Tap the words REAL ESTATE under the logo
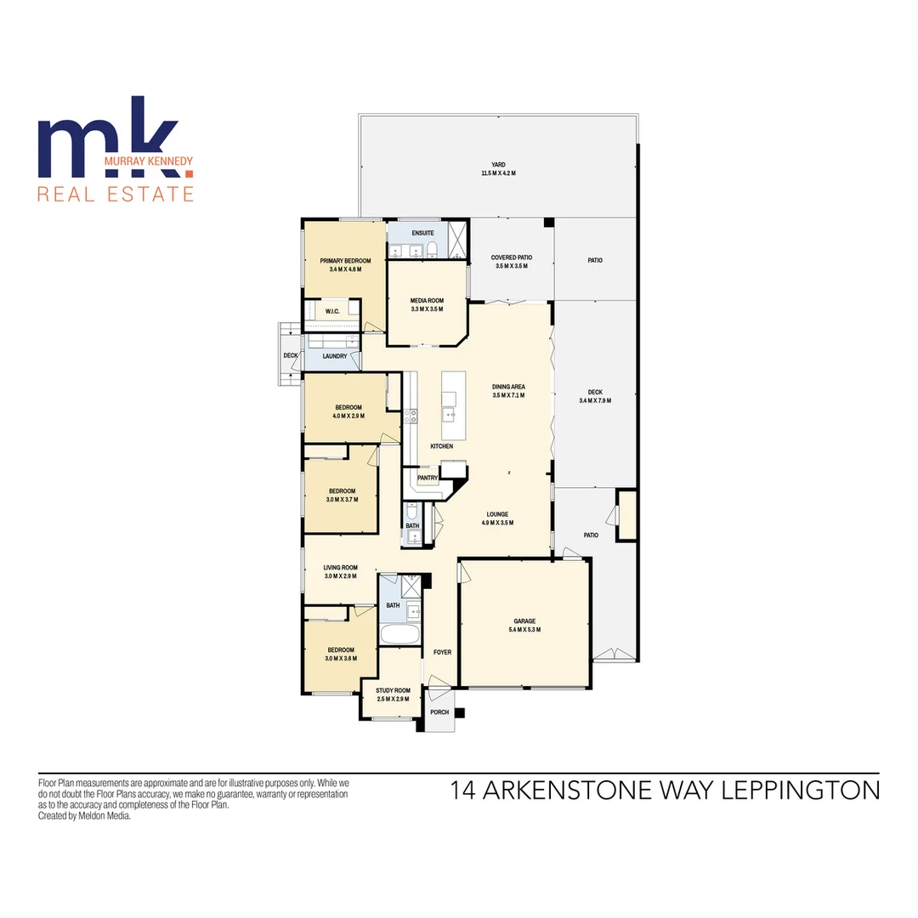pos(116,195)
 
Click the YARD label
pos(498,165)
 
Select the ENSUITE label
pos(422,233)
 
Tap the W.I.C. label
pos(331,312)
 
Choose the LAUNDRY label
pos(334,356)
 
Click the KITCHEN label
pos(441,446)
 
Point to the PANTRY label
pos(428,478)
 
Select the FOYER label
pos(442,652)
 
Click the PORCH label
pos(439,712)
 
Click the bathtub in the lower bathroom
pos(399,635)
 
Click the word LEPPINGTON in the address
pos(801,791)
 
